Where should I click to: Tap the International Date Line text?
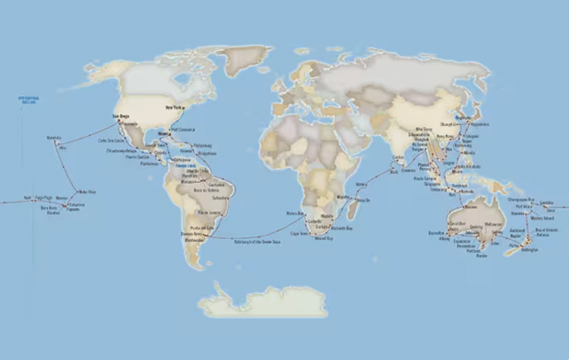click(29, 100)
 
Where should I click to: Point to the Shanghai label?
click(472, 124)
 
